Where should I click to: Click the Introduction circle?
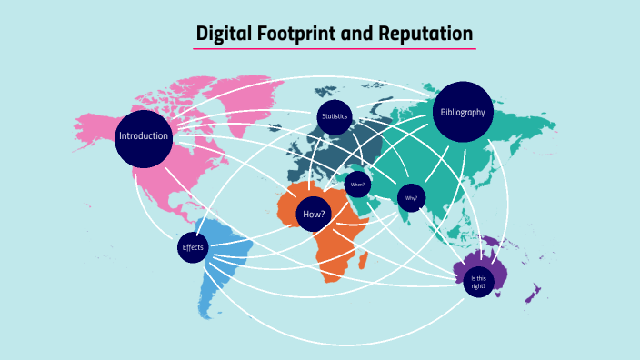pos(144,137)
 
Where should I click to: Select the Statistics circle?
pos(335,117)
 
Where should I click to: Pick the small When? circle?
pos(357,184)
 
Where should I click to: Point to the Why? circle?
pos(411,197)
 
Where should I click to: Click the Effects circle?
pos(193,247)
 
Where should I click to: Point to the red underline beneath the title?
pos(335,49)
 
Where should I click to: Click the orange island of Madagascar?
pos(364,261)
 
